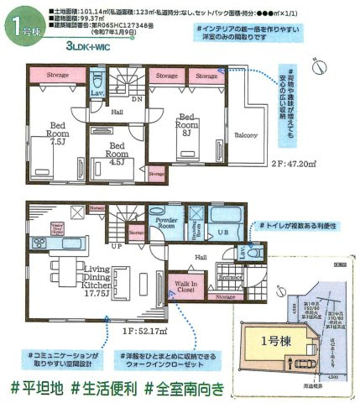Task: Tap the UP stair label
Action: point(117,248)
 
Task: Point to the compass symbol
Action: point(318,66)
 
